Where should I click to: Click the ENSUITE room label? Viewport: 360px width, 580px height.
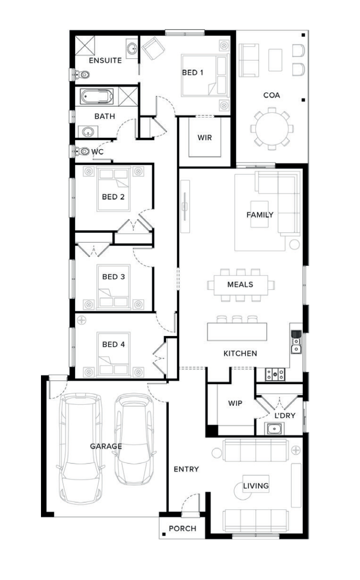tap(105, 60)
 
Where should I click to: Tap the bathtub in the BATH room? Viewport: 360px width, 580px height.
tap(97, 96)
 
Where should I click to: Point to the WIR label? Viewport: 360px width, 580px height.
tap(205, 138)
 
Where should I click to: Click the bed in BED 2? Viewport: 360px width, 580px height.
tap(114, 189)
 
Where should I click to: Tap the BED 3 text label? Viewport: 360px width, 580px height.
tap(114, 277)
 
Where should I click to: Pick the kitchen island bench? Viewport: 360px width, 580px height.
tap(237, 331)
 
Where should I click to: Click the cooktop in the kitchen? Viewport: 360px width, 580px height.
tap(276, 374)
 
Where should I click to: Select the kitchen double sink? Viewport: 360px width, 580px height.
tap(296, 342)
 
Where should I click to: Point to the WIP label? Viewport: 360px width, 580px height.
tap(235, 403)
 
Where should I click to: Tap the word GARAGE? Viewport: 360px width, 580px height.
tap(106, 446)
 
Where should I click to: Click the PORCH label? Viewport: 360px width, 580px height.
tap(183, 529)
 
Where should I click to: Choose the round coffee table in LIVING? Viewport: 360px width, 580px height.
tap(241, 491)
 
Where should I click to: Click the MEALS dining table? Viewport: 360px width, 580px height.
tap(240, 285)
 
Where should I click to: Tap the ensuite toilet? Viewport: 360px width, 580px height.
tap(81, 75)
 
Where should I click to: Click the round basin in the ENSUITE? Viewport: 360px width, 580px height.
tap(132, 48)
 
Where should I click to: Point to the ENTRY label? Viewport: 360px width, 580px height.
tap(186, 469)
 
